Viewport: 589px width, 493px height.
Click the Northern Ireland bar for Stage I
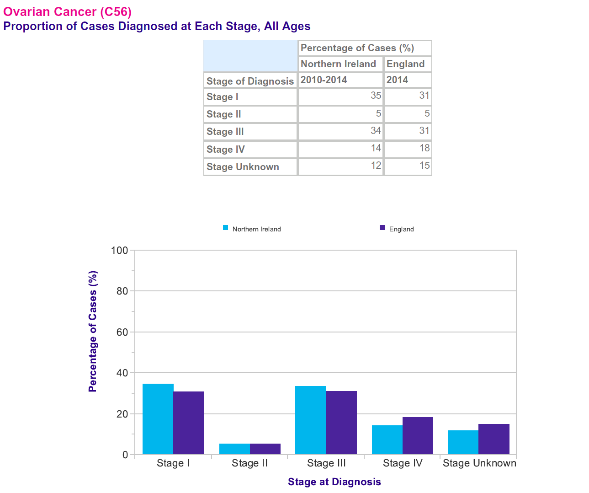coord(158,419)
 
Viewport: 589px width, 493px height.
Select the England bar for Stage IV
coord(418,436)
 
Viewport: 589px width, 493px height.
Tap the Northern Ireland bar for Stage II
coord(234,449)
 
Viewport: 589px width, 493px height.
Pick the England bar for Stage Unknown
coord(494,439)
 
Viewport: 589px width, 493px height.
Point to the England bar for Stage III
coord(341,423)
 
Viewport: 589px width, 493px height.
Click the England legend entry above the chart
coord(397,229)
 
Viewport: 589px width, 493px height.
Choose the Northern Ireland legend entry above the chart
coord(252,229)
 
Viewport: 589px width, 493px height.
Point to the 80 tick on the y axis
coord(122,291)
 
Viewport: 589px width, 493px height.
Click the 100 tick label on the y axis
coord(119,250)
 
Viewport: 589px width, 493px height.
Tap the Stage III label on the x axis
coord(326,463)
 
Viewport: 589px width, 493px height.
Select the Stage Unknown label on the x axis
coord(479,463)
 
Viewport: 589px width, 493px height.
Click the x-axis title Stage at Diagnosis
coord(334,482)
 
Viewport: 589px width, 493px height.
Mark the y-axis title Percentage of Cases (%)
coord(93,332)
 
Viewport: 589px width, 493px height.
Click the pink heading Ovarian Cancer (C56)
coord(67,11)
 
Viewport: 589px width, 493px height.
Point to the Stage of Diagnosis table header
coord(250,81)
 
